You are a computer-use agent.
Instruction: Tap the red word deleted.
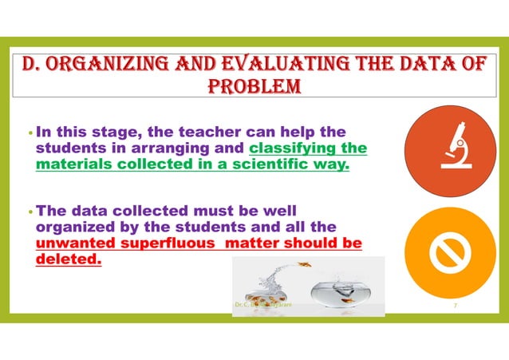point(69,260)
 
